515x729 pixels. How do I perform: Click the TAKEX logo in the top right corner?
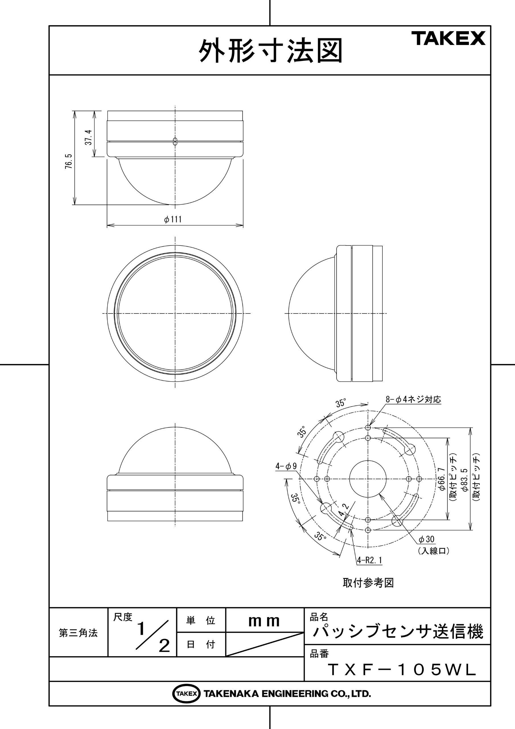click(448, 38)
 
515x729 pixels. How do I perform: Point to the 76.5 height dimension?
click(69, 161)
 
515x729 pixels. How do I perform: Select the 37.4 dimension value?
click(88, 137)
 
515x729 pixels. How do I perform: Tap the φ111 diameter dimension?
click(173, 219)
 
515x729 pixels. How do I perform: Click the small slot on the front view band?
click(175, 142)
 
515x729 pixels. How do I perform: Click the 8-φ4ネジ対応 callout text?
click(413, 400)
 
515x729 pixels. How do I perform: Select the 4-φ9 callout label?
click(286, 466)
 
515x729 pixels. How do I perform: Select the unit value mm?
click(264, 621)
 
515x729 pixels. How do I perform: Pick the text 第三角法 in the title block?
click(78, 633)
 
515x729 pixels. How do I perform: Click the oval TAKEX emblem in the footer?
click(186, 694)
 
